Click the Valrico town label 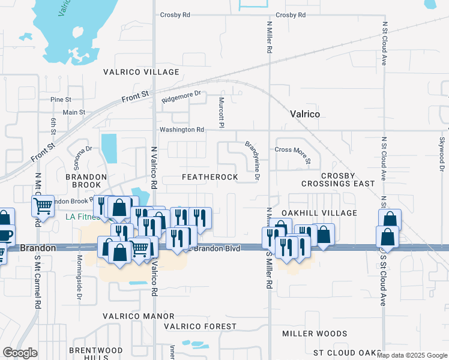point(304,114)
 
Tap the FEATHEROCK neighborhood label point(210,177)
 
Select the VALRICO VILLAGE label point(141,72)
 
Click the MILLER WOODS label point(315,334)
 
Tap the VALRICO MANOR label point(138,316)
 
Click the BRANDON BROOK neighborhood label point(86,181)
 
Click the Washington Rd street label point(181,130)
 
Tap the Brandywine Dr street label point(252,160)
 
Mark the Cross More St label point(292,154)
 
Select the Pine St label point(61,99)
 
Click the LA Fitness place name point(82,217)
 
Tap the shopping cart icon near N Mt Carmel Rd point(43,206)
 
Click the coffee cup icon point(4,234)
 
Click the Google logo point(20,353)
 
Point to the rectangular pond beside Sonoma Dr point(109,148)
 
